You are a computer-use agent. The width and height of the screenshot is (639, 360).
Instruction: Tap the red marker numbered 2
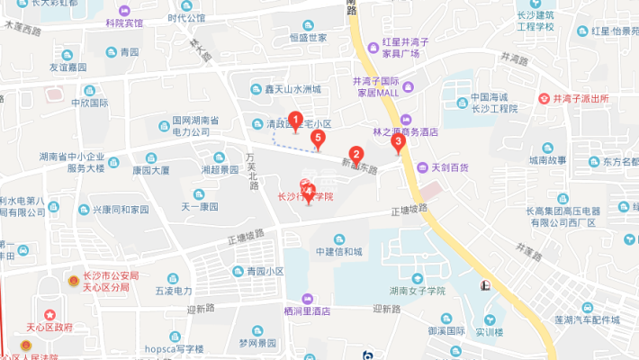[x=355, y=155]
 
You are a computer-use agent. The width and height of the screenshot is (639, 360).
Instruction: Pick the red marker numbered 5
[x=317, y=139]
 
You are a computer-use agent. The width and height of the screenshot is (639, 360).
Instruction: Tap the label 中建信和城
[x=338, y=251]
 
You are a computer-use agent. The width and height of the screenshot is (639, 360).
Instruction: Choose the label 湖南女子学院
[x=418, y=290]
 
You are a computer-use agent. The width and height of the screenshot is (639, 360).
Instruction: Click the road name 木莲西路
[x=22, y=31]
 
